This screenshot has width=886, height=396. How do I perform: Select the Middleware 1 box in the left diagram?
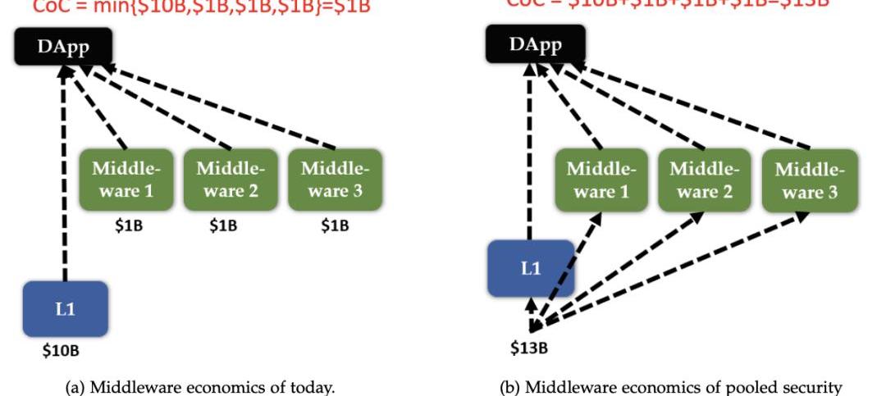point(126,180)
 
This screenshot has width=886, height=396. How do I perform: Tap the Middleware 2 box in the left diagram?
point(231,180)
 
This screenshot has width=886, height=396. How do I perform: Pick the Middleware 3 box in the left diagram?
point(335,180)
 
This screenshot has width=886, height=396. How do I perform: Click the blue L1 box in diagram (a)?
point(65,308)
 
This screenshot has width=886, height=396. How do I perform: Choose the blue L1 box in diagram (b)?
point(530,267)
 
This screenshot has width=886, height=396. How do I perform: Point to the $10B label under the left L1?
point(61,352)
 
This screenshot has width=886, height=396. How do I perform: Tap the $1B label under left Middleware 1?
point(128,225)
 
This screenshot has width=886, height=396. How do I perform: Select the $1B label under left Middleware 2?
point(223,225)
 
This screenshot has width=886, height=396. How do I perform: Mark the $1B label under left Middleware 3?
point(334,225)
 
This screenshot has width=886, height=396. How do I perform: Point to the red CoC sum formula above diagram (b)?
point(666,4)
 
